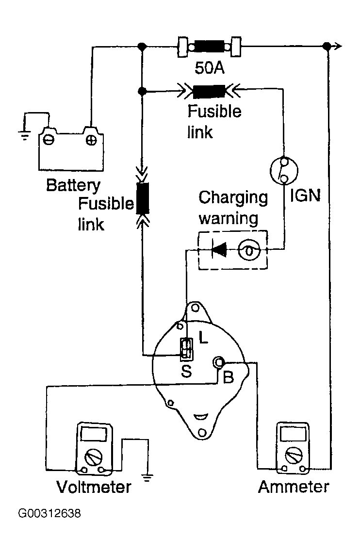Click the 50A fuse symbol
pos(210,46)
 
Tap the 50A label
pos(210,67)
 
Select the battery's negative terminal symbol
pos(49,140)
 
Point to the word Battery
pos(73,185)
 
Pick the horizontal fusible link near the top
pos(209,91)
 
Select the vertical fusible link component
pos(142,198)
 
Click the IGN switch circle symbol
pos(284,170)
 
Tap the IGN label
pos(305,196)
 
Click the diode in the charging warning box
pos(219,250)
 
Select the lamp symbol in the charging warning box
pos(249,250)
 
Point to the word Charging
pos(233,198)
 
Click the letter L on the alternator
pos(203,338)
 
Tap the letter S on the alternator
pos(186,371)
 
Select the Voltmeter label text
pos(94,487)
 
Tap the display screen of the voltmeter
pos(94,434)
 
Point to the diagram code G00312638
pos(49,513)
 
